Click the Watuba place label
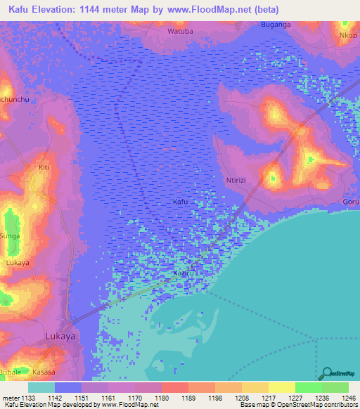point(179,32)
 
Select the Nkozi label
point(348,34)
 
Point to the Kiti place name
point(44,168)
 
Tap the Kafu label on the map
point(181,202)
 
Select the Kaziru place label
point(184,272)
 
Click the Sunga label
point(10,236)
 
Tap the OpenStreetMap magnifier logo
point(327,374)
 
